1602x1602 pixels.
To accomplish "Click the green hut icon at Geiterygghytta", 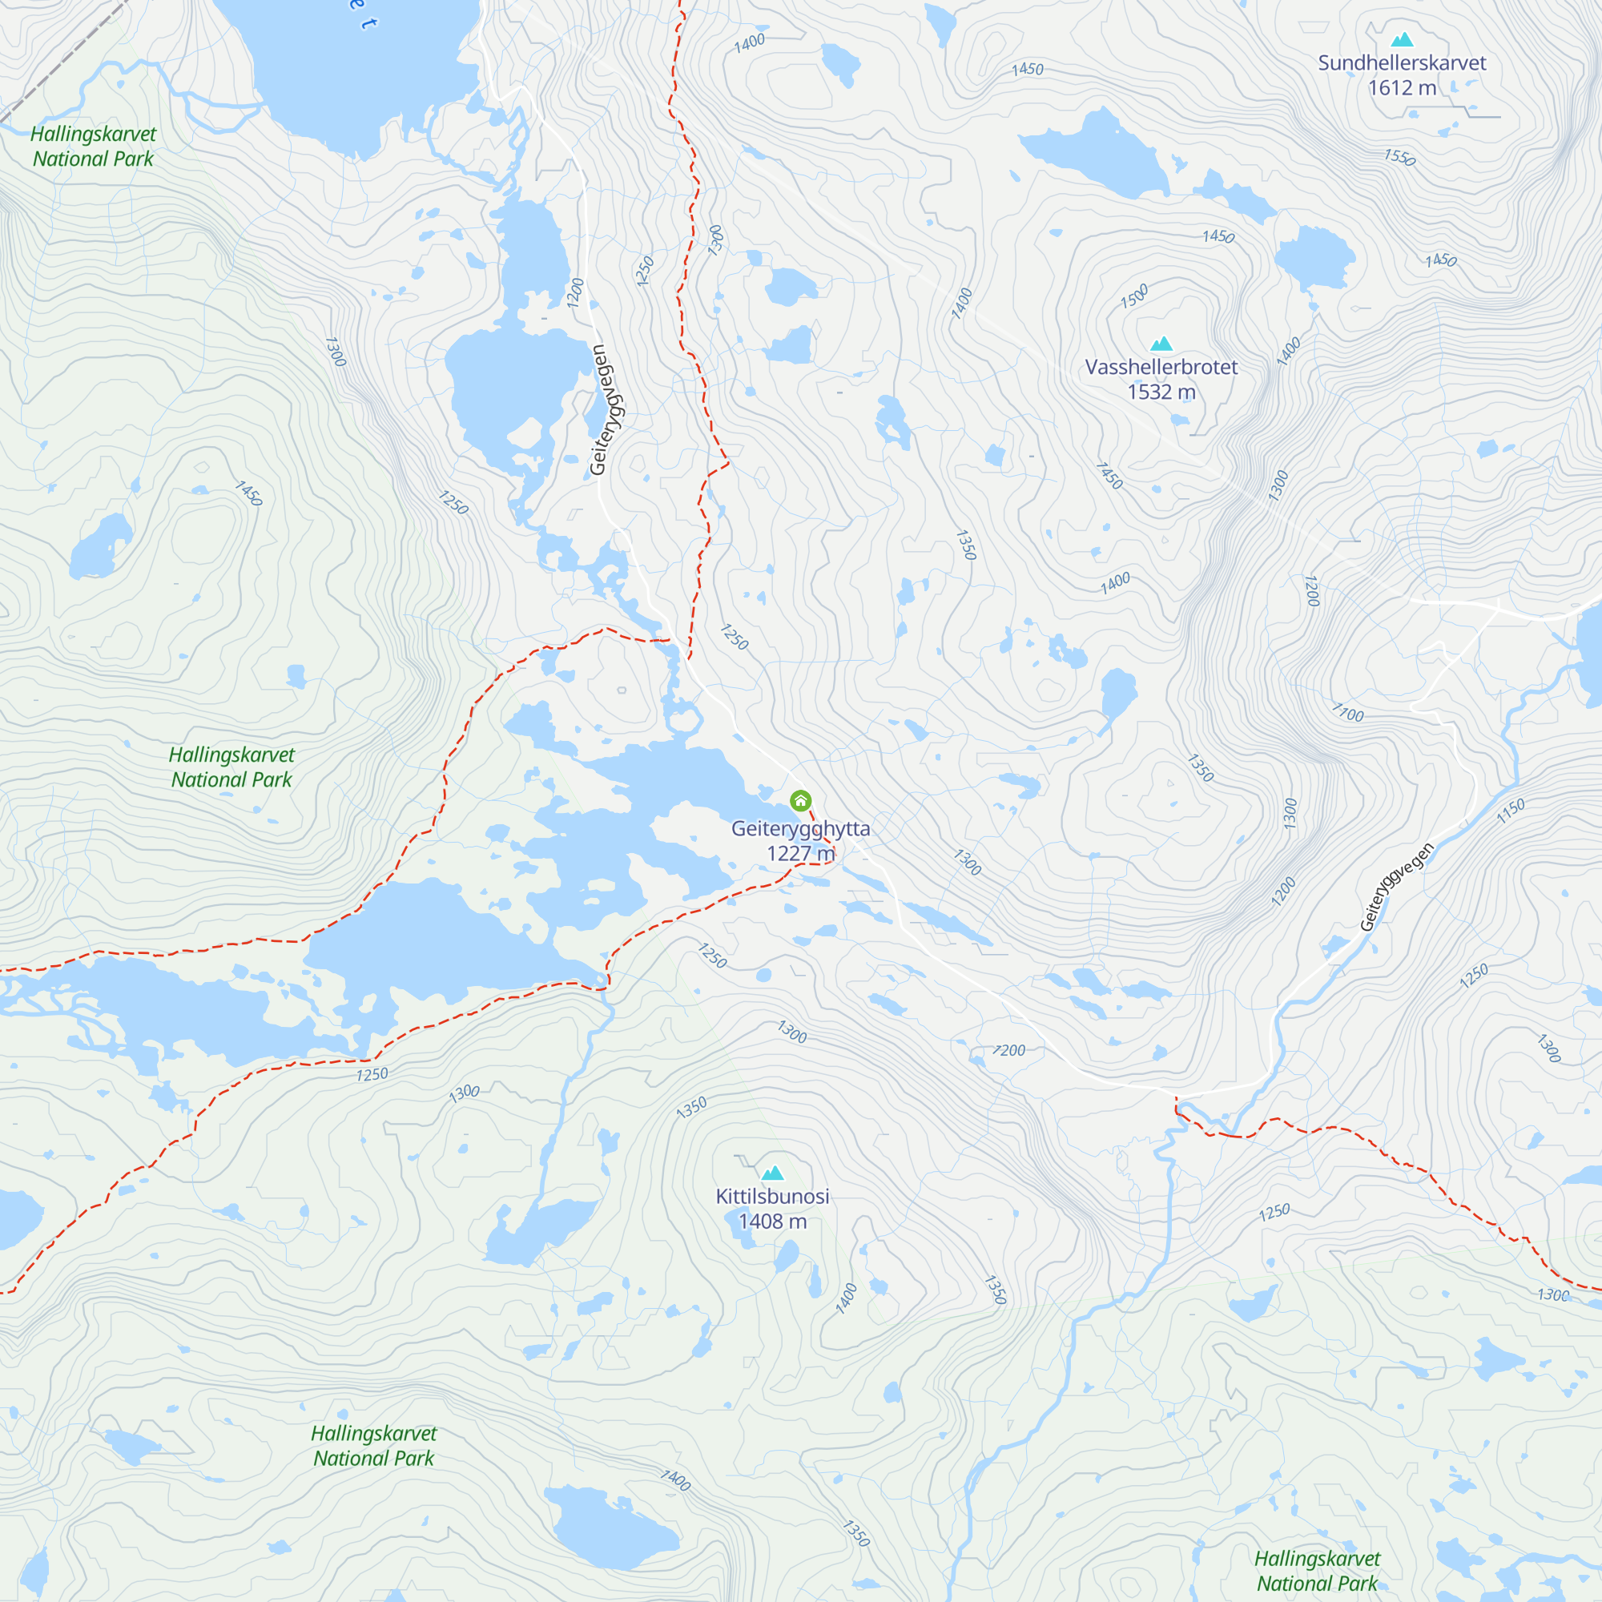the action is [x=800, y=800].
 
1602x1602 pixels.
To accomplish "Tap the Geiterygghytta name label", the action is [x=800, y=828].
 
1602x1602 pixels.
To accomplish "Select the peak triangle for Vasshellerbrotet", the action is [x=1161, y=344].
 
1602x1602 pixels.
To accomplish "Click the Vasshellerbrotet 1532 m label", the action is [x=1161, y=379].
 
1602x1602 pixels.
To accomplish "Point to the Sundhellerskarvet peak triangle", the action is [x=1403, y=39].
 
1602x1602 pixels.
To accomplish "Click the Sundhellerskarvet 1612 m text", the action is [x=1403, y=74].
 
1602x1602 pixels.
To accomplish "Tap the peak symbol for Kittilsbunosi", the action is [x=773, y=1173].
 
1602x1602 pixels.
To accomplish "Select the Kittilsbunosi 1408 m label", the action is [x=773, y=1208].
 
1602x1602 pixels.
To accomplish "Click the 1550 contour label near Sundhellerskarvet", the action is [x=1399, y=157].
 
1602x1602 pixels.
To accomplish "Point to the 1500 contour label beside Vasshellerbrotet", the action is [x=1134, y=296].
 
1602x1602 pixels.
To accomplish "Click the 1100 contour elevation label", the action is [x=1347, y=712].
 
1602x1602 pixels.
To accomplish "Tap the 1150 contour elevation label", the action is [x=1511, y=811].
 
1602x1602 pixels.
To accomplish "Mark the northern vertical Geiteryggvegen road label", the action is [x=608, y=409].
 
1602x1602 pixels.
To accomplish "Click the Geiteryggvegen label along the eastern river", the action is [x=1397, y=887].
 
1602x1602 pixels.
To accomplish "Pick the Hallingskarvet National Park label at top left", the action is [x=93, y=146].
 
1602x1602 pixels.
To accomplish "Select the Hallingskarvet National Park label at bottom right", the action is [x=1317, y=1571].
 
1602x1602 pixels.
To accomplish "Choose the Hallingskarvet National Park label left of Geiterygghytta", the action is [x=231, y=767].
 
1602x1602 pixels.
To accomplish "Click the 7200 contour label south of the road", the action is [x=1009, y=1051].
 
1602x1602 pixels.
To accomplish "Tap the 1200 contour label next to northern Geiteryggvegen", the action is [x=575, y=293].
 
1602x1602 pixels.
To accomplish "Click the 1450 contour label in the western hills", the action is [x=249, y=493].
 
